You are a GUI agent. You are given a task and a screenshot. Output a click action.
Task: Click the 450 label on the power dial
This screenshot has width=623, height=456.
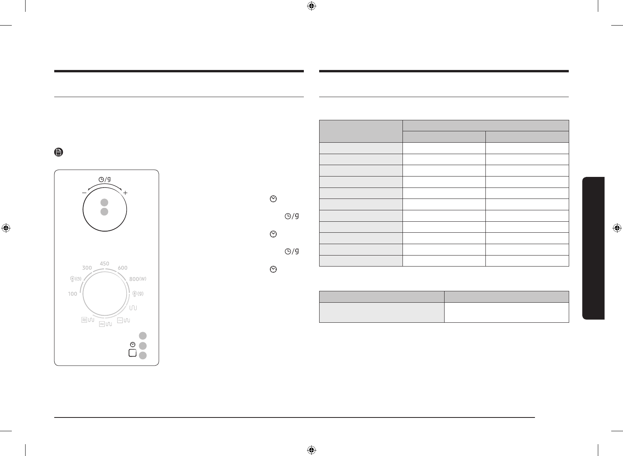(x=105, y=263)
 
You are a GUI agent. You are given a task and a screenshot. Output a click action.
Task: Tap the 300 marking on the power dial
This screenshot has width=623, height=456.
(x=87, y=268)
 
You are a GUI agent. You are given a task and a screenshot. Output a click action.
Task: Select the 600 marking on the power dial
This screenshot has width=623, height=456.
(x=122, y=268)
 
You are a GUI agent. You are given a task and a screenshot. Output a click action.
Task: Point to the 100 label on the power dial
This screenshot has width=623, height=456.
(x=73, y=294)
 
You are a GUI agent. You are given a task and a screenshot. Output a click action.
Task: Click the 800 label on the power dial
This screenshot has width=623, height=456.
(x=134, y=279)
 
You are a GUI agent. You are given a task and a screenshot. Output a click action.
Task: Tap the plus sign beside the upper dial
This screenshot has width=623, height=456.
(x=125, y=193)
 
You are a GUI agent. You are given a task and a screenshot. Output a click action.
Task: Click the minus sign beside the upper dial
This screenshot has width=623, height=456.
(x=84, y=193)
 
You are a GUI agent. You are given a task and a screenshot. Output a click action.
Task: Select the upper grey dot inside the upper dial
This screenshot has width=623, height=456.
(x=104, y=202)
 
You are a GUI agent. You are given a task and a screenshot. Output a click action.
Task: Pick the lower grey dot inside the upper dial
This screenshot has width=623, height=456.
(x=104, y=212)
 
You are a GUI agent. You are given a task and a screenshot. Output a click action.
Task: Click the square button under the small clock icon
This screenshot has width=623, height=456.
(x=133, y=353)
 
